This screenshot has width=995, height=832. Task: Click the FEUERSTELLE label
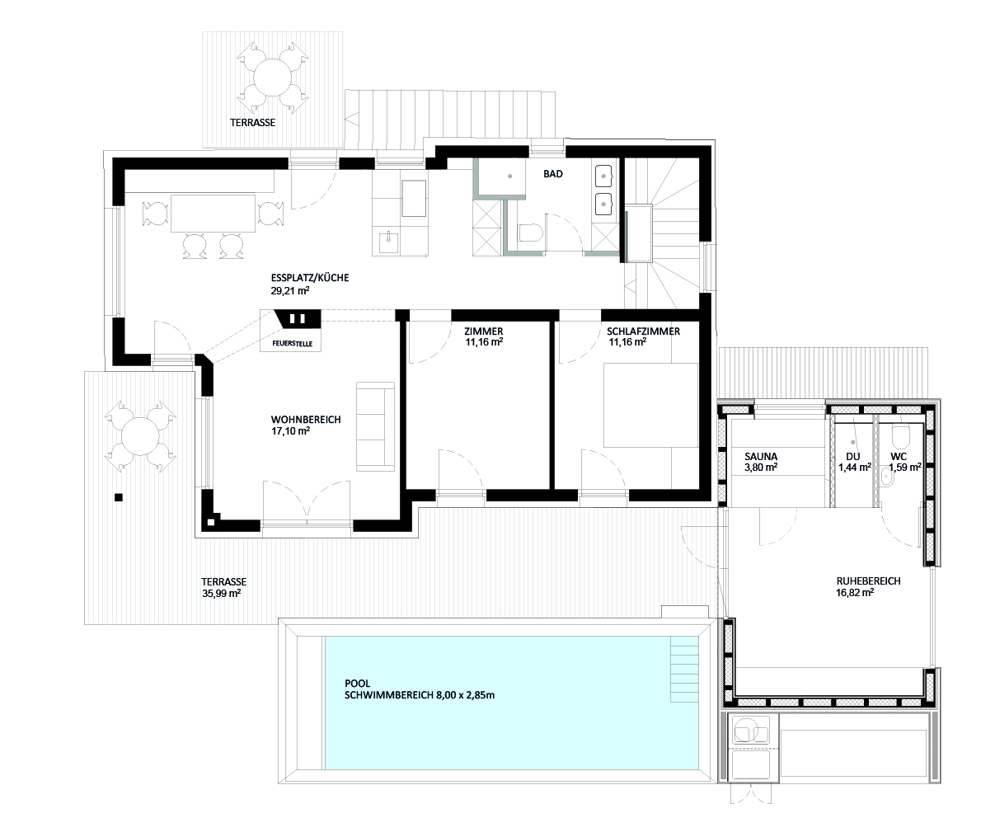(292, 343)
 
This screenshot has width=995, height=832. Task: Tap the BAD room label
(553, 174)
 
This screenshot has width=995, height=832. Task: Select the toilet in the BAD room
(530, 233)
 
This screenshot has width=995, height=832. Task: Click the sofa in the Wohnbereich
(376, 426)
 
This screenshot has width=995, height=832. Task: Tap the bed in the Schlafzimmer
(651, 405)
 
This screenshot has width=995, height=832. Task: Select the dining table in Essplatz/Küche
(213, 213)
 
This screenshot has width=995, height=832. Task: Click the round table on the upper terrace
(272, 78)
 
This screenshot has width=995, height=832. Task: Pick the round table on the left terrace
(140, 436)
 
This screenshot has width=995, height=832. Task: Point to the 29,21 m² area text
(290, 290)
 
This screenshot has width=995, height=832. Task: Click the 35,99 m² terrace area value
(221, 594)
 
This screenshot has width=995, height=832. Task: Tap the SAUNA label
(761, 456)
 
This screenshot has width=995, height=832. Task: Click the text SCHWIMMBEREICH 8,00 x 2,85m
(420, 695)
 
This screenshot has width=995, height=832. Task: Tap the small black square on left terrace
(119, 497)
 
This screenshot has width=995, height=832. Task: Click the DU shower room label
(853, 457)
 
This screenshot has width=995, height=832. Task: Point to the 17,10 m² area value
(290, 431)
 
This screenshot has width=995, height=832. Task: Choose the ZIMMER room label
(484, 331)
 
